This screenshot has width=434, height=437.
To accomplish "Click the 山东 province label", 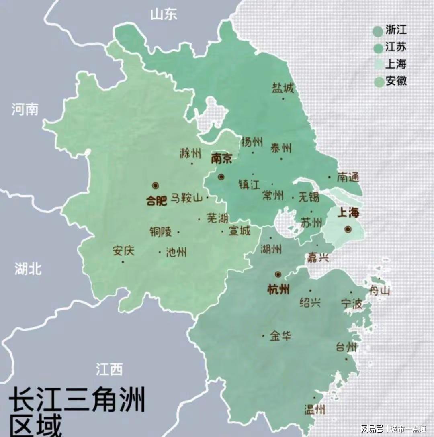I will click(x=163, y=15).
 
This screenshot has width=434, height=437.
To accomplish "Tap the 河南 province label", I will click(x=25, y=109).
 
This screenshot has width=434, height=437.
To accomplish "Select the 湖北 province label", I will click(x=28, y=269).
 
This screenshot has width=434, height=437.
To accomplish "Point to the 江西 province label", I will click(x=109, y=369).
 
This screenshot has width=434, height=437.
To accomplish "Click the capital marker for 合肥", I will click(x=156, y=186).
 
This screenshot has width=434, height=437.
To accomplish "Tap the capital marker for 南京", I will click(x=221, y=177).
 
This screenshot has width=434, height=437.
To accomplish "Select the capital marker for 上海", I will click(x=348, y=229).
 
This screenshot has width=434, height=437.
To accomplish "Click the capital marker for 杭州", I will click(x=278, y=274).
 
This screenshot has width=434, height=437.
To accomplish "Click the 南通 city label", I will click(x=348, y=177).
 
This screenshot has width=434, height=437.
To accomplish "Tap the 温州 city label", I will click(x=315, y=409).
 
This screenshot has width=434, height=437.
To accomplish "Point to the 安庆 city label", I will click(x=123, y=251).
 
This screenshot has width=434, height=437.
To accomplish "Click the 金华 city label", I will click(x=280, y=335).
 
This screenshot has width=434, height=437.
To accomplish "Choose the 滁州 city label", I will click(x=190, y=153).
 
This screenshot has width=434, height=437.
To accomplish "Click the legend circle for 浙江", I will click(x=378, y=31).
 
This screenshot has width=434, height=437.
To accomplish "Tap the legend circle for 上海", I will click(x=378, y=65).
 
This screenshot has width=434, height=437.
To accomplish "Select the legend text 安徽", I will click(x=396, y=81).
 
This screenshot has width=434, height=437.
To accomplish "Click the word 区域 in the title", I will click(x=36, y=426).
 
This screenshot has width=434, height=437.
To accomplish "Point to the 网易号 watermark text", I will click(x=372, y=429).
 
